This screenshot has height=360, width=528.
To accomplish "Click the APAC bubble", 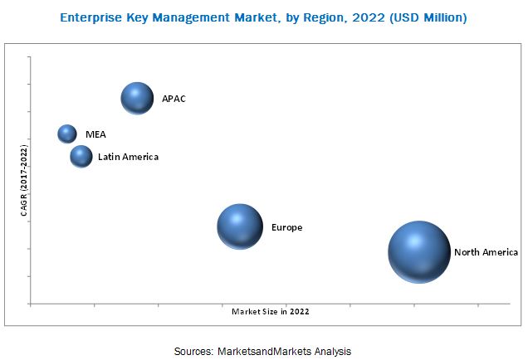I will [x=138, y=99].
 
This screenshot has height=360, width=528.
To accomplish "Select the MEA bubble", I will [x=67, y=134].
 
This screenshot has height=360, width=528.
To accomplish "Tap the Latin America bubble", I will [x=81, y=156].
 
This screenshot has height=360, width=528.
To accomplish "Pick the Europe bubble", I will [x=240, y=226].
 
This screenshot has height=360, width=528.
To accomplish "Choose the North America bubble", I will [x=419, y=252].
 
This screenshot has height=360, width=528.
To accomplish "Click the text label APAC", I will [x=174, y=100].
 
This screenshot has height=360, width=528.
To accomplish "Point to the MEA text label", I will [x=95, y=134].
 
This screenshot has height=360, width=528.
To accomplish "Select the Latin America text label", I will [x=128, y=156].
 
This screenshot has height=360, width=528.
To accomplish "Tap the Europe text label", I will [x=286, y=226].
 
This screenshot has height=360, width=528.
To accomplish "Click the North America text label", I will [x=486, y=252].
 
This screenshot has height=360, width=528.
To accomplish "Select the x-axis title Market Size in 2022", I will [x=270, y=312].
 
